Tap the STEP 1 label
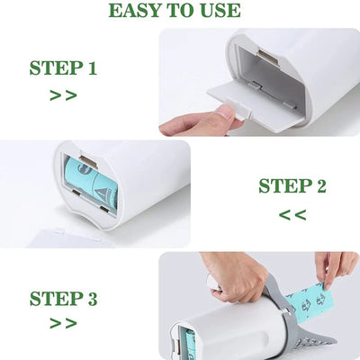[63, 67]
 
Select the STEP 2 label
[292, 185]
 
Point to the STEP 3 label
[63, 298]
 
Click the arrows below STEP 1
[63, 95]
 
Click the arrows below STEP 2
[292, 215]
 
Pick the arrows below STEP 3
[63, 323]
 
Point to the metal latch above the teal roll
[88, 161]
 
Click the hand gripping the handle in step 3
[237, 277]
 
